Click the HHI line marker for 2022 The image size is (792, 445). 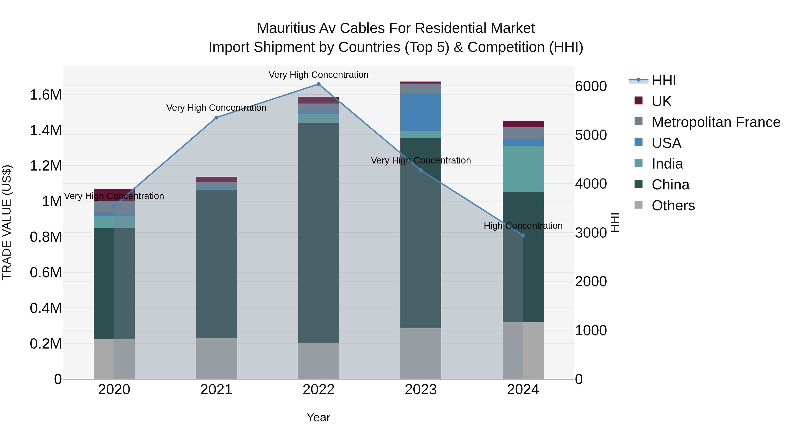pyautogui.click(x=319, y=84)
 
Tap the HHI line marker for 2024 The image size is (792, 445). pyautogui.click(x=523, y=235)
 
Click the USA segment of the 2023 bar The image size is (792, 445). pyautogui.click(x=421, y=112)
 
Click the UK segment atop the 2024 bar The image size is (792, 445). pyautogui.click(x=523, y=124)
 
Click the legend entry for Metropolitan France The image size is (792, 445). pyautogui.click(x=716, y=122)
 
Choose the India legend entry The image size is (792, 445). pyautogui.click(x=667, y=164)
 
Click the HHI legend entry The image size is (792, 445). pyautogui.click(x=664, y=80)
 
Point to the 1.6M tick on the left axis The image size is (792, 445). pyautogui.click(x=46, y=95)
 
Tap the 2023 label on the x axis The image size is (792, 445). pyautogui.click(x=421, y=390)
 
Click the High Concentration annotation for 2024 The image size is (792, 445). pyautogui.click(x=523, y=226)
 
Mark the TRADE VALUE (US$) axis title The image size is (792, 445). pyautogui.click(x=7, y=222)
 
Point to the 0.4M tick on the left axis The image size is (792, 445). pyautogui.click(x=46, y=308)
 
